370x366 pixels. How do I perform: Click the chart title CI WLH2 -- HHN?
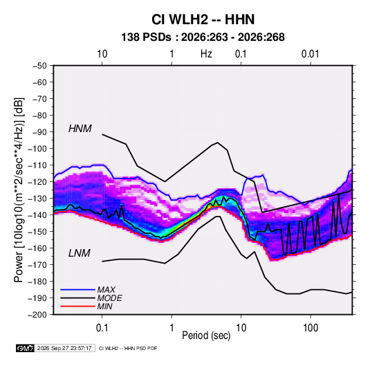(x=203, y=19)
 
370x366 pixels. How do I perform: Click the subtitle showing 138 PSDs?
(x=203, y=37)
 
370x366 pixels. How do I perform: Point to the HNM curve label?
(x=80, y=129)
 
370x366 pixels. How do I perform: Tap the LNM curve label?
(x=80, y=253)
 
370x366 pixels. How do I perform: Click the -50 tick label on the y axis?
(x=40, y=66)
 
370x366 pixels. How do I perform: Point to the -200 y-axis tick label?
(x=37, y=315)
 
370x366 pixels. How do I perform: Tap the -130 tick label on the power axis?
(x=37, y=199)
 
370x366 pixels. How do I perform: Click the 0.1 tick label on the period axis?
(x=102, y=328)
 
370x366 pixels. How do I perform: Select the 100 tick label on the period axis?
(x=311, y=328)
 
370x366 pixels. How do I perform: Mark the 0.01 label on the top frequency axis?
(x=311, y=54)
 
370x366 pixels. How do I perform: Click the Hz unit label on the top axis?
(x=206, y=54)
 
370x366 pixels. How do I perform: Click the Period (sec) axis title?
(x=206, y=336)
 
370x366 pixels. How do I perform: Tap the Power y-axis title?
(x=19, y=190)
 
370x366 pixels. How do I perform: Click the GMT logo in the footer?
(x=26, y=348)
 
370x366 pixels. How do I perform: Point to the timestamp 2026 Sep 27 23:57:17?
(x=64, y=348)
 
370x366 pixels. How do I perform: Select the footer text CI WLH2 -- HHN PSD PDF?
(x=128, y=349)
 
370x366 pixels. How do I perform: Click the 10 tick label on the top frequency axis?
(x=102, y=54)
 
